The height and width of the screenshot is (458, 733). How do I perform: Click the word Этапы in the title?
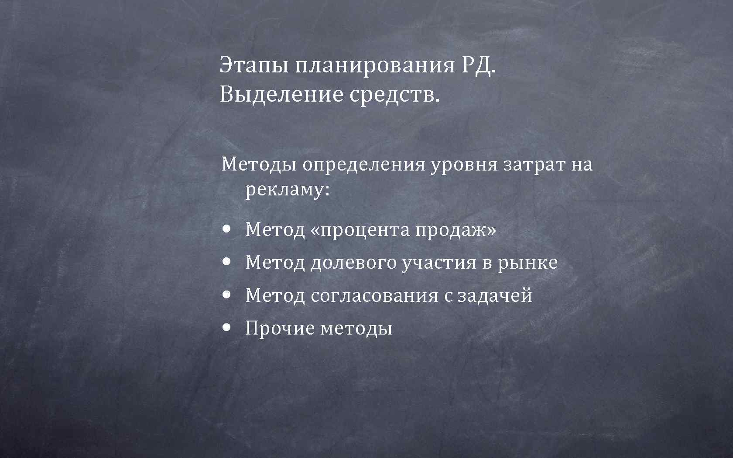253,65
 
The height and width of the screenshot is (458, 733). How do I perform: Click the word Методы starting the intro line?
259,165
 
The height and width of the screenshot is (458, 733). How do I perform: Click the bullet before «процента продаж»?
226,229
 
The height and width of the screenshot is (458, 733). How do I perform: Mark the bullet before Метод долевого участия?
226,262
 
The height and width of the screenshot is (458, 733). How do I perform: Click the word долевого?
353,263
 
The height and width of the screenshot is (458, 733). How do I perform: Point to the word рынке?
527,263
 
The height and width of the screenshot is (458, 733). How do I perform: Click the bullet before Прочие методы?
226,327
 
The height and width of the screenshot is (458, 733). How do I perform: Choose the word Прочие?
280,328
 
